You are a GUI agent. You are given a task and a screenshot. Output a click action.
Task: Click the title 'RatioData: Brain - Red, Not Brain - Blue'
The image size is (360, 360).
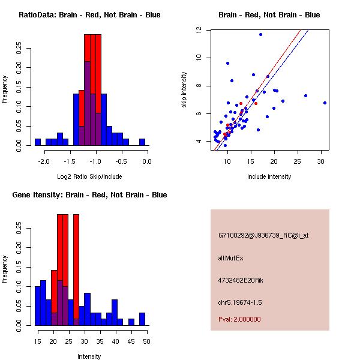coord(89,15)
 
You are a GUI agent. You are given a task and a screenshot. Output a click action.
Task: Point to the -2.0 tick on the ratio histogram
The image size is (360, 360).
coord(44,161)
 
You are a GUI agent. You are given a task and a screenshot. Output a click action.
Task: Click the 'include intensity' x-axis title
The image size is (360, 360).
coord(269,176)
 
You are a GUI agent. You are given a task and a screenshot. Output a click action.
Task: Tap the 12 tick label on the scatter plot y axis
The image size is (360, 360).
coord(198,30)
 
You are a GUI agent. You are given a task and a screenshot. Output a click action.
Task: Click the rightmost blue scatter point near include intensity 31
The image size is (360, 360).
coord(325,103)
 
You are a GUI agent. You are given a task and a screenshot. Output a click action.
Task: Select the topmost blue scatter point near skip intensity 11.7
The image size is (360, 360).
coord(260,34)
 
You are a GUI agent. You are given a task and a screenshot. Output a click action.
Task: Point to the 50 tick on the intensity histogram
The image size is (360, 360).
coord(146,341)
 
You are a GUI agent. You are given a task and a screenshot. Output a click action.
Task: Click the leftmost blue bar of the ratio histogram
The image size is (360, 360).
coord(38,142)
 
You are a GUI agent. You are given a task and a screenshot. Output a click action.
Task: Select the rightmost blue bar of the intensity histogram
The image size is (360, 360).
coord(142,319)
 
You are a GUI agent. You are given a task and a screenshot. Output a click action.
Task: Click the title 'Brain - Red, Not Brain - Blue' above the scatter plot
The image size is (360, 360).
coord(269,15)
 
